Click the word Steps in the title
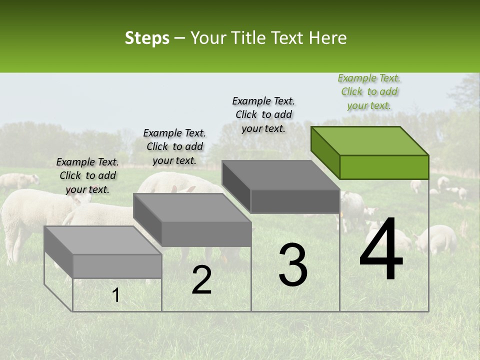coord(147,38)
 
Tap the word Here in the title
coord(328,38)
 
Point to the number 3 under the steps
coord(293,265)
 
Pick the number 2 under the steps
coord(201,280)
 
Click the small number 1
coord(115,295)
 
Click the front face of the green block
coord(384,167)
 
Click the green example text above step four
coord(369,91)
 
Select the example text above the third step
coord(263,114)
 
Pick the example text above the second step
coord(174,146)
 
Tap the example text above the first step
coord(87,175)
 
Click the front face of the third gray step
coord(295,201)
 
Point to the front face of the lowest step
coord(117,266)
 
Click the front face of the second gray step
coord(206,234)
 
